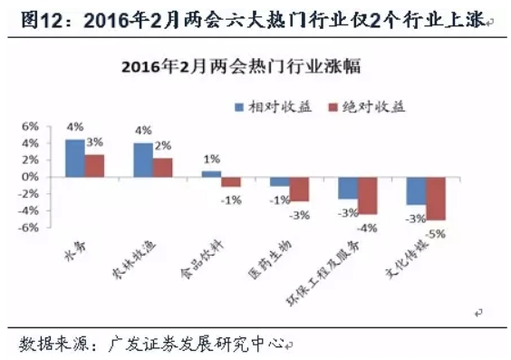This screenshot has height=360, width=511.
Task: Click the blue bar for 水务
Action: (74, 159)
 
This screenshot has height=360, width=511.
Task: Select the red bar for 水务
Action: (95, 166)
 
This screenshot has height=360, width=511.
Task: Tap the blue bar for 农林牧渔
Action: (143, 161)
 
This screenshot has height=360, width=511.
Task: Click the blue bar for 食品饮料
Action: (211, 173)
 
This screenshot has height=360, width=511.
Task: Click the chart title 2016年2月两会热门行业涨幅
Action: (246, 66)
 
